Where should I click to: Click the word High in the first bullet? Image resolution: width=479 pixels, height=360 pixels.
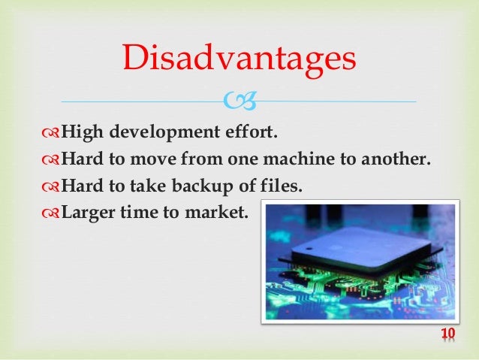tap(83, 134)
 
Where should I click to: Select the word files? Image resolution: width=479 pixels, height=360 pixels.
tap(282, 185)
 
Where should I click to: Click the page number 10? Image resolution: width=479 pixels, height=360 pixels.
tap(448, 334)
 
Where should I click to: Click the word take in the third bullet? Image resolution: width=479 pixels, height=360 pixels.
tap(139, 185)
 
